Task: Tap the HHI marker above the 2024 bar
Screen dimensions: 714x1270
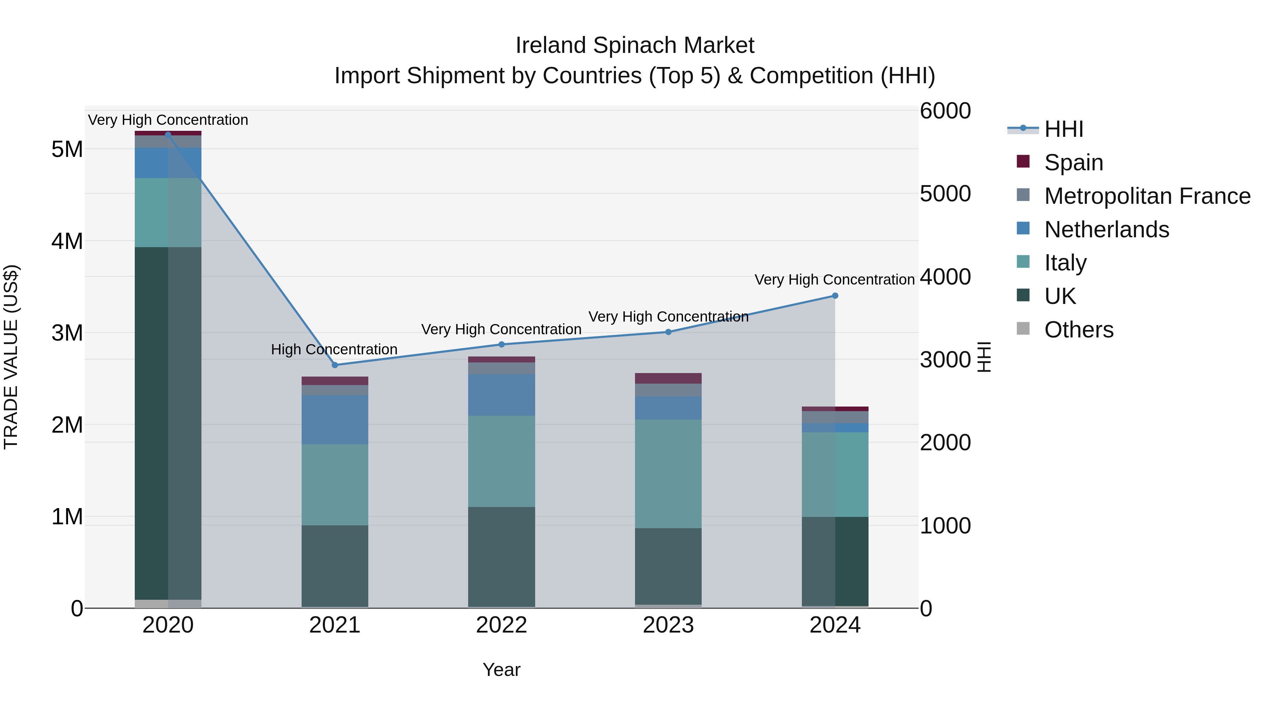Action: coord(835,296)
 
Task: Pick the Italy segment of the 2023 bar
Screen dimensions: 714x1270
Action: coord(668,474)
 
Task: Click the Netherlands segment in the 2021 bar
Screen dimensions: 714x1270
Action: coord(335,420)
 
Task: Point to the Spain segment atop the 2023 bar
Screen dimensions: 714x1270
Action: coord(668,378)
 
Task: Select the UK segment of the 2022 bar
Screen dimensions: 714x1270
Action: coord(501,557)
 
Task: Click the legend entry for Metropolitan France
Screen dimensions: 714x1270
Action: coord(1147,196)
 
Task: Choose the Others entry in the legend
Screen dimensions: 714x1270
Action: coord(1079,330)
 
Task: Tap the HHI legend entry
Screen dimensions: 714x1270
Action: coord(1063,129)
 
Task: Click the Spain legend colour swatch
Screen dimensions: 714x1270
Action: coord(1023,161)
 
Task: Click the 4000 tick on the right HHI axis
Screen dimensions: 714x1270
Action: coord(945,277)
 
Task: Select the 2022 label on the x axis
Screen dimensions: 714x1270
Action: coord(501,625)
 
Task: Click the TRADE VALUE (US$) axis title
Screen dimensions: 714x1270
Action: coord(11,357)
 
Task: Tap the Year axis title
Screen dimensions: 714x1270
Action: coord(501,670)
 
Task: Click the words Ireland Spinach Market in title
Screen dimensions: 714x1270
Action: coord(635,45)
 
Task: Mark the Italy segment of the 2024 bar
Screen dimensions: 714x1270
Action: coord(835,475)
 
